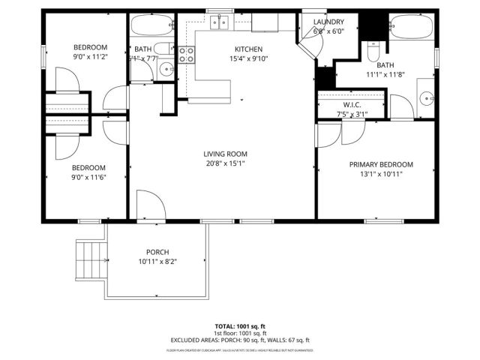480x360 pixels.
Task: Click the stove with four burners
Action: tap(187, 54)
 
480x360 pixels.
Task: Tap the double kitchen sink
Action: tap(219, 23)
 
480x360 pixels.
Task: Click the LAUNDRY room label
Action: tap(328, 22)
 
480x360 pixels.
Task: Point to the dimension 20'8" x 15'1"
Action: tap(225, 163)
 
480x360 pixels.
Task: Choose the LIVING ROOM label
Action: tap(225, 154)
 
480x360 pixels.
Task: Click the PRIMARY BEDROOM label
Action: tap(381, 164)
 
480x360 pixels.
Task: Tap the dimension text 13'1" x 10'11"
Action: tap(381, 174)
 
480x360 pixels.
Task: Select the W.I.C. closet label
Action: tap(352, 105)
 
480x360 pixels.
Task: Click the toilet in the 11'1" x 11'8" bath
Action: tap(373, 55)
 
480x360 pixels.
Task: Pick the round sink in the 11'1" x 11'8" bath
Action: tap(426, 97)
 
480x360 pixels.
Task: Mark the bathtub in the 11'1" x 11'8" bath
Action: tap(411, 27)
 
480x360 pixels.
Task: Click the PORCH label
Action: tap(157, 252)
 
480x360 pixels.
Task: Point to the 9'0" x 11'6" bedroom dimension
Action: tap(88, 177)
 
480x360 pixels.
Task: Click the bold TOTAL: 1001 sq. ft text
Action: tap(240, 326)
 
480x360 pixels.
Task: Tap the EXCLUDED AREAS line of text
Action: tap(240, 340)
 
